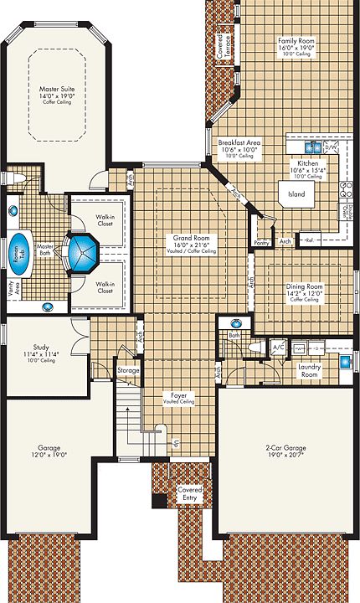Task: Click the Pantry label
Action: (261, 243)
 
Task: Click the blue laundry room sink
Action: (345, 362)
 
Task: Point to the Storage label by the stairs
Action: (128, 369)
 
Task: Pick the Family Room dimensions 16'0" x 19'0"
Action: (296, 49)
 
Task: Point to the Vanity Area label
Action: (11, 289)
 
